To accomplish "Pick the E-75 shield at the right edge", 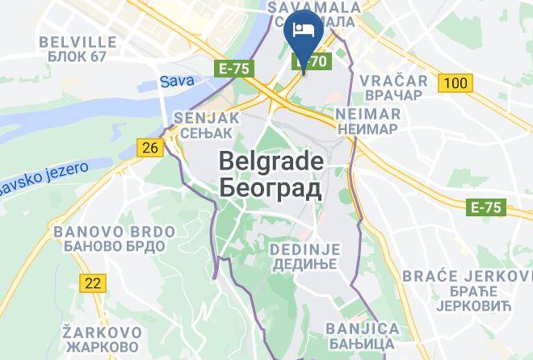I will click(487, 207).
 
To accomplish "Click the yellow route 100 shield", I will click(455, 82).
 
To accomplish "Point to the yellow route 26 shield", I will click(149, 147).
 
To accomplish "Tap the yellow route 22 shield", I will click(94, 283).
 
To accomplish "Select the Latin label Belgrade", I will click(271, 161).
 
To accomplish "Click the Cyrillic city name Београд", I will click(271, 188).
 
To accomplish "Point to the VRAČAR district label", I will click(392, 81).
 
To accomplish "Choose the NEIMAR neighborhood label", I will click(368, 114).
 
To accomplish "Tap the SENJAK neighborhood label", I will click(207, 117).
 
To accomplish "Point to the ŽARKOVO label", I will click(103, 332).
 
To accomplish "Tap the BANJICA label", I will click(363, 329).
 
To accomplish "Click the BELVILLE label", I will click(78, 40).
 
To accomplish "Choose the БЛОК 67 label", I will click(78, 57).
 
